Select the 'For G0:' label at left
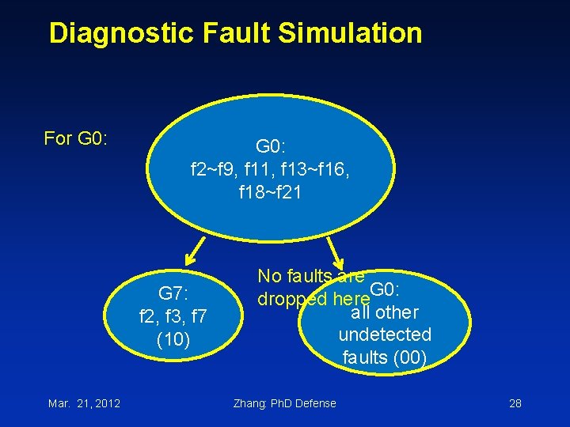(75, 139)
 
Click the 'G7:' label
(173, 294)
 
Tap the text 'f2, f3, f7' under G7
(173, 317)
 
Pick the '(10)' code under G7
(173, 340)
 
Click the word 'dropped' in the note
(291, 300)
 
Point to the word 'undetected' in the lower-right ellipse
(385, 335)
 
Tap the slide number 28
(515, 403)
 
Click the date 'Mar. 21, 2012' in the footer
(84, 403)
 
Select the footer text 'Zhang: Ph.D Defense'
(285, 403)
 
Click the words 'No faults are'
(310, 276)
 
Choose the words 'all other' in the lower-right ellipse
(384, 312)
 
